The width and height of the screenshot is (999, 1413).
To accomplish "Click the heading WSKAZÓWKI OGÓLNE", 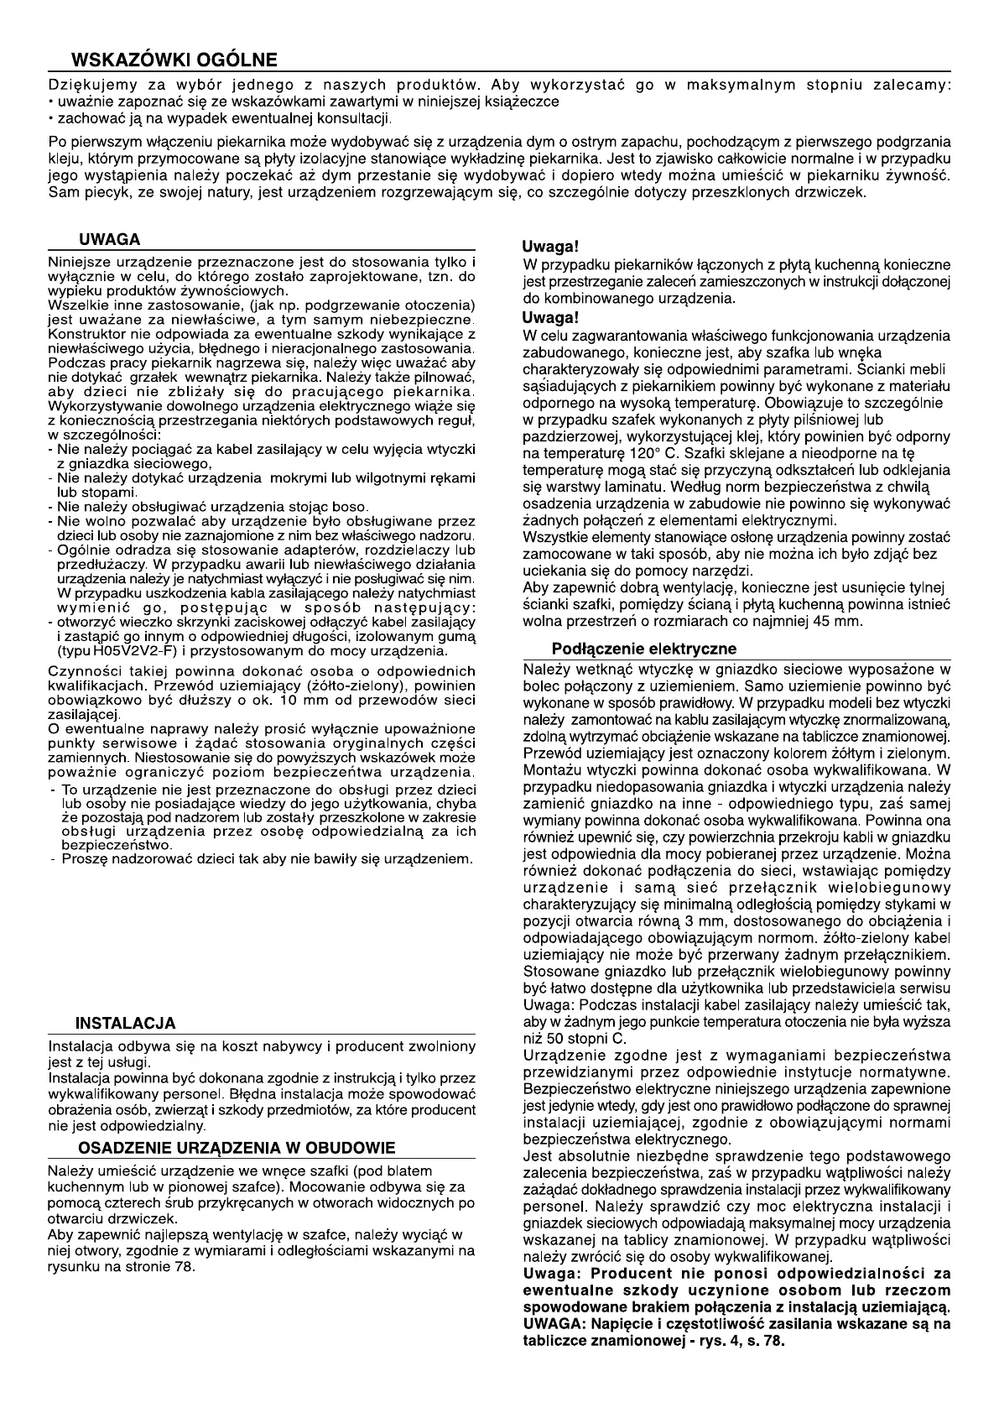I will pos(174,60).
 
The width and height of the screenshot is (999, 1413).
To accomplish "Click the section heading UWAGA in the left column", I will pos(109,240).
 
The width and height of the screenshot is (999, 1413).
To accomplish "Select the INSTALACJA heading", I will pos(125,1023).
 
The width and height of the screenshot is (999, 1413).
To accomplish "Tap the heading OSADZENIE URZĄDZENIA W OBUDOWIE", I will pos(236,1148).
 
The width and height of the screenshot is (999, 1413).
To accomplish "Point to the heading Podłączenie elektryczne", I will pos(644,649).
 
